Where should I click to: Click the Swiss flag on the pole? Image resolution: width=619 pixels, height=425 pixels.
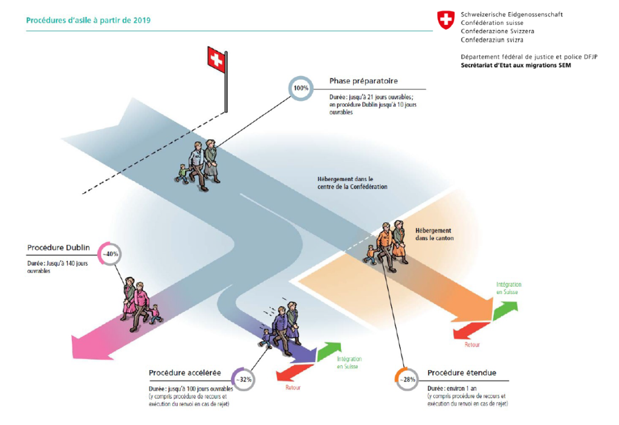click(x=215, y=59)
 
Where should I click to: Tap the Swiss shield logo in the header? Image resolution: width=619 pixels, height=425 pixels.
click(x=446, y=20)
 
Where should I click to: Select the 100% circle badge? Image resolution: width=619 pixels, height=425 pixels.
click(x=301, y=88)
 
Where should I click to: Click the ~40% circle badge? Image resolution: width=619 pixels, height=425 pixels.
click(x=110, y=254)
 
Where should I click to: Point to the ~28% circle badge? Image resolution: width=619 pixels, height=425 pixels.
click(x=407, y=379)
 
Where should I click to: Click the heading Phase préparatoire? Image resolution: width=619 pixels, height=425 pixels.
click(x=363, y=81)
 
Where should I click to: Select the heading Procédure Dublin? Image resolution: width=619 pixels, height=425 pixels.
click(x=58, y=248)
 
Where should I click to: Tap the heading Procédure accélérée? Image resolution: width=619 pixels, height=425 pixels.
click(x=184, y=372)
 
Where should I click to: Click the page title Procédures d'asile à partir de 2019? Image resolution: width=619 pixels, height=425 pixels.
click(x=88, y=20)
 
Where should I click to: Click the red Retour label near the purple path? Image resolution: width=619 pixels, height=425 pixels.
click(x=293, y=388)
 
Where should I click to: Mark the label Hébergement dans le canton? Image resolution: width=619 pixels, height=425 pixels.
click(x=434, y=234)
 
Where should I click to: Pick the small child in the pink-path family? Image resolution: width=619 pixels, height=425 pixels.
click(x=156, y=314)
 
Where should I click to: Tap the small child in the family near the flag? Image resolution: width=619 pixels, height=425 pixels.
click(x=182, y=173)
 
